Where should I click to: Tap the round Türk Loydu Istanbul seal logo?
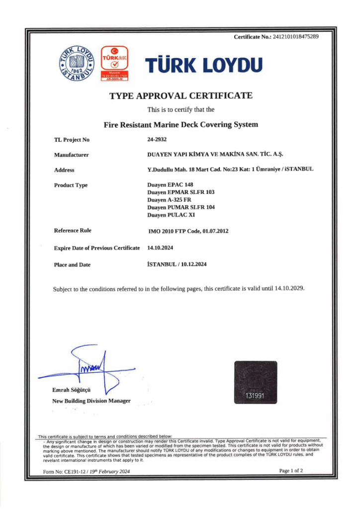[78, 66]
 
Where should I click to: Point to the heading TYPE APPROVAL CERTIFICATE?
[181, 95]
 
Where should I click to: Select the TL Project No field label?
[72, 140]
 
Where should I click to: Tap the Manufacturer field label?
[71, 155]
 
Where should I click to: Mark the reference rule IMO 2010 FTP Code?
[188, 231]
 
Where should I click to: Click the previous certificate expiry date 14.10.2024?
[160, 247]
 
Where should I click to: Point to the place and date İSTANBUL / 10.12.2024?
[177, 264]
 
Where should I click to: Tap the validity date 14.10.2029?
[289, 288]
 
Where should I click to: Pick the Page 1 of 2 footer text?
[291, 470]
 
